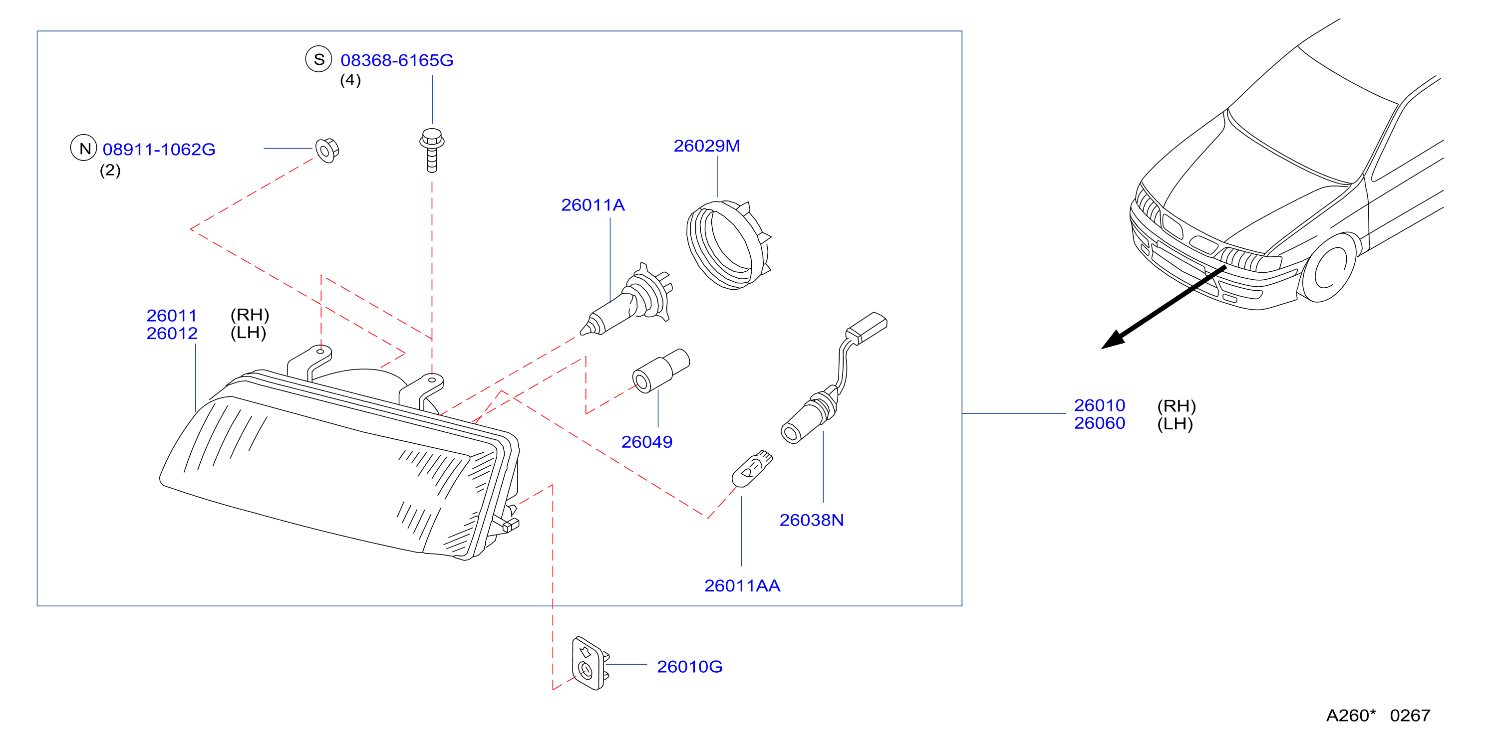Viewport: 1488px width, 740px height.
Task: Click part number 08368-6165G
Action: (x=397, y=60)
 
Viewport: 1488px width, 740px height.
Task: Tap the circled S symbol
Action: (x=319, y=59)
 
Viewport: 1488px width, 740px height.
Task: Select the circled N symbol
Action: (x=84, y=148)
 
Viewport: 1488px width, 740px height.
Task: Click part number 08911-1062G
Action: (x=159, y=150)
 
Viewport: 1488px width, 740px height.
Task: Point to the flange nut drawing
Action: (x=327, y=150)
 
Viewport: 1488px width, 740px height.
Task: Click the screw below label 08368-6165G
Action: (x=431, y=150)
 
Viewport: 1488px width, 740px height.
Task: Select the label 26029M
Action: (x=706, y=146)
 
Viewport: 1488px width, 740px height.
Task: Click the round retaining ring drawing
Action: (x=728, y=245)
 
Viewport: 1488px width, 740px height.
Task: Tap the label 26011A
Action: (x=593, y=205)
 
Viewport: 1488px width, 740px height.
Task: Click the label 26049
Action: (x=646, y=442)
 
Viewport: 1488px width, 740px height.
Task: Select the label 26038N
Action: (x=812, y=520)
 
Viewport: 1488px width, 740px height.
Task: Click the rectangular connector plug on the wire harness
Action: (x=867, y=327)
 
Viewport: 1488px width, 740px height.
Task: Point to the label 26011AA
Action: (x=742, y=586)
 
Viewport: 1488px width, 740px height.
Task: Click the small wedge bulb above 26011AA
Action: (x=752, y=468)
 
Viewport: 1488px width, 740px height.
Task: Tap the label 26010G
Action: (x=690, y=667)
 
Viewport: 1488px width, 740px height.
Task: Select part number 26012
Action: (x=172, y=334)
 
